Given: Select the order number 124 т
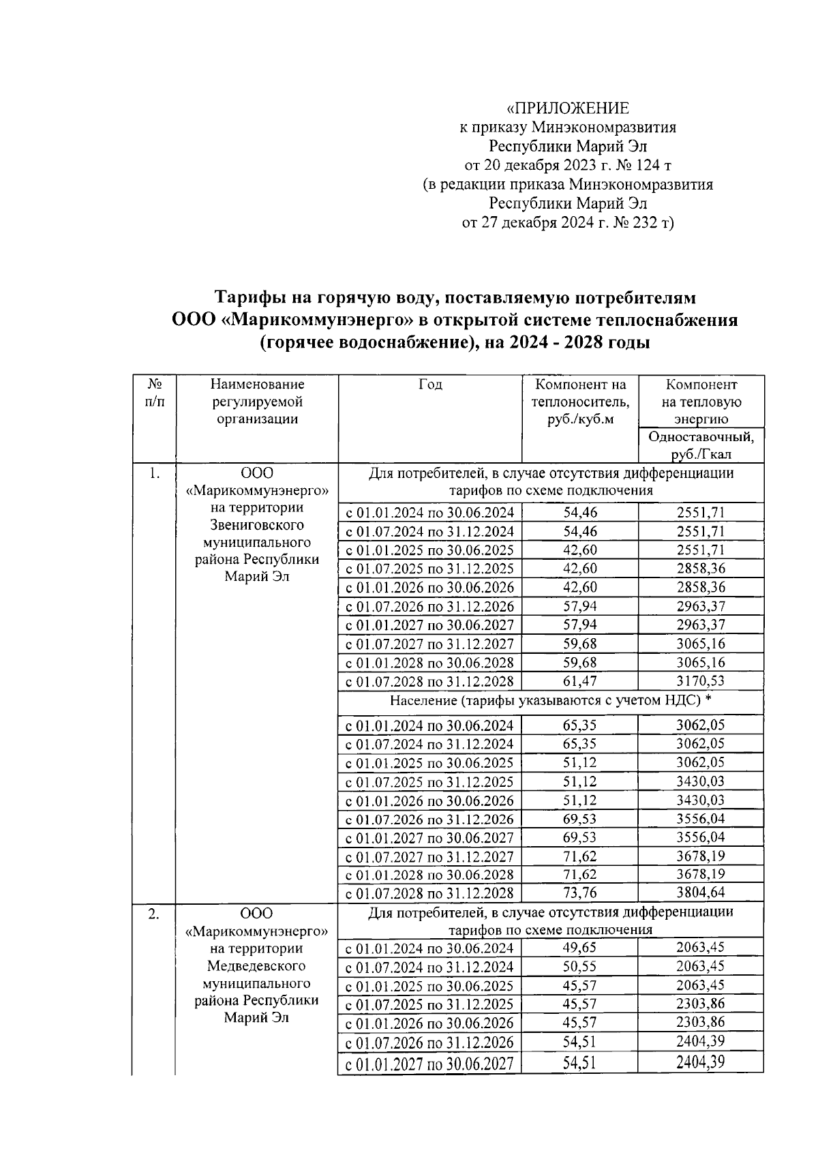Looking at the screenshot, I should tap(643, 165).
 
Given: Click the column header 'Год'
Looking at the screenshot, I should tap(430, 385).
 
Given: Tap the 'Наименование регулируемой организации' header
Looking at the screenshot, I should tap(257, 402).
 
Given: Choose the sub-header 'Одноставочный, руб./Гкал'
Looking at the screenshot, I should tap(701, 445).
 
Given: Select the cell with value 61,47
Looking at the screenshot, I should tap(580, 681).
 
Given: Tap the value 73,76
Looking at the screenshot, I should tap(580, 892).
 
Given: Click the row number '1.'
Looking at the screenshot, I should tap(154, 473).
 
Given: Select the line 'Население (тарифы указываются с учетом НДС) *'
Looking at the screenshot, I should tap(551, 700).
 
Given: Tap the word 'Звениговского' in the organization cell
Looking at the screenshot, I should tap(257, 525).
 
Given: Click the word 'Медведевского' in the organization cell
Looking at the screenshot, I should tap(257, 965).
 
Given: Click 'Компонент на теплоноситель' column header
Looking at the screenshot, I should tap(580, 402).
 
